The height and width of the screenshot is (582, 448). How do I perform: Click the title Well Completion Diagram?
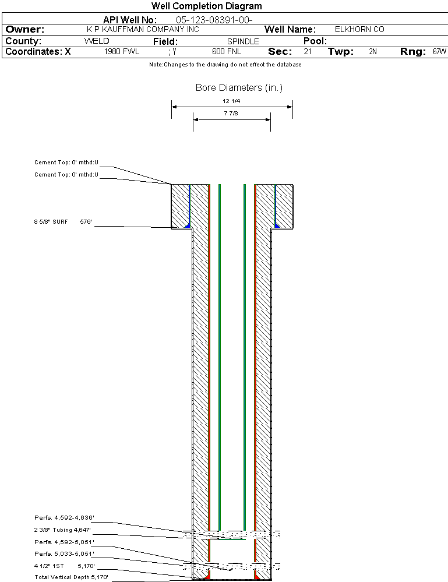point(206,6)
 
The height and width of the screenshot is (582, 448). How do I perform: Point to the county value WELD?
point(97,41)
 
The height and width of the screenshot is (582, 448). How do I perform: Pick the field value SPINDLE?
point(243,42)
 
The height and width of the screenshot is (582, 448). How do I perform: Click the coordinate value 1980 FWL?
point(122,52)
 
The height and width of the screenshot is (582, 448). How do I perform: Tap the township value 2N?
point(373,52)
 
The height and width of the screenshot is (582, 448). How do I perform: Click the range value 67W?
point(439,52)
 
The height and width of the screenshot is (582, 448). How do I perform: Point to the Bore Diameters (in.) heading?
point(239,88)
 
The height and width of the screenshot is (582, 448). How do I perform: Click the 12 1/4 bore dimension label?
point(231,101)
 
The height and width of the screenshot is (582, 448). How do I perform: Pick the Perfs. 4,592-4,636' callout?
point(64,517)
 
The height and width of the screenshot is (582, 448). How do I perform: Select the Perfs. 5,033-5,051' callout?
point(64,553)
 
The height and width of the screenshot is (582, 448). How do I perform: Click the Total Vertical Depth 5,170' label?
point(71,577)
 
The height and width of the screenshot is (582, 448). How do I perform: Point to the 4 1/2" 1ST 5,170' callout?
point(64,565)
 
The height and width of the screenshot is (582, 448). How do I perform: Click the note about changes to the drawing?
point(225,65)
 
